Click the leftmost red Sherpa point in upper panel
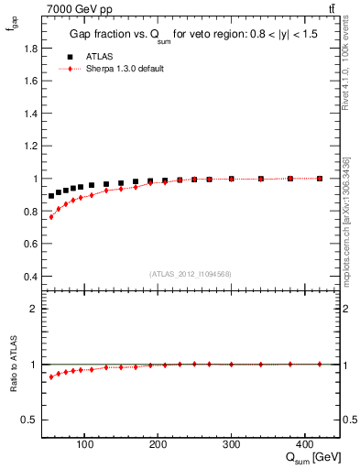click(51, 217)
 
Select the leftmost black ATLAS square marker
click(51, 196)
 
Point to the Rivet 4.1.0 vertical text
click(345, 69)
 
